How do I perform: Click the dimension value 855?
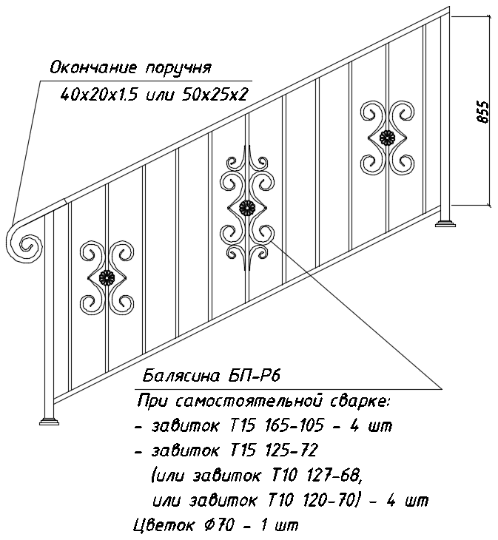(x=483, y=112)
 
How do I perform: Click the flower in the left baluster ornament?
(x=107, y=277)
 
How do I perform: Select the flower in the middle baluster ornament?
(x=246, y=208)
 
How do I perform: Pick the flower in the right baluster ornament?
(x=387, y=138)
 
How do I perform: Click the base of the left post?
(x=49, y=421)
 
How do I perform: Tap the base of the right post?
(x=445, y=223)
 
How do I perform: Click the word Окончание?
(x=94, y=68)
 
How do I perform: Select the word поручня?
(x=178, y=69)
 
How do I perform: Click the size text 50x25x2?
(x=213, y=94)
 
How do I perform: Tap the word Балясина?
(x=181, y=376)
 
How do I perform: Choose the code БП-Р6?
(x=254, y=376)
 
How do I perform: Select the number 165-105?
(x=294, y=425)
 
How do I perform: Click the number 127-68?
(x=332, y=475)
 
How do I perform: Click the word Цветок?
(x=164, y=525)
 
